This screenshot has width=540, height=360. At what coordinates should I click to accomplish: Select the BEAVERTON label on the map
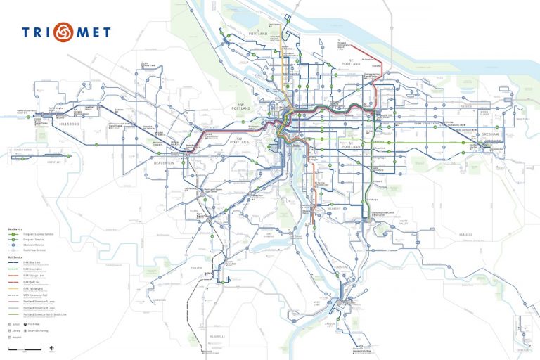(164, 162)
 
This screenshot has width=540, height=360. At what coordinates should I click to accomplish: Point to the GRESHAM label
(490, 131)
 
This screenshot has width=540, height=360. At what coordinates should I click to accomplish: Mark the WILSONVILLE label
(212, 336)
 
